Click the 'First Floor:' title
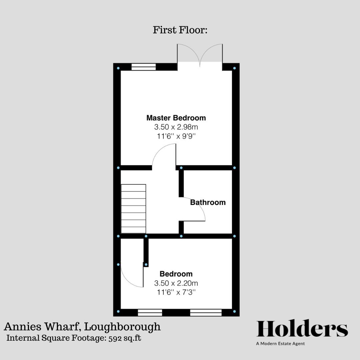(180, 30)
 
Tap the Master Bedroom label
(176, 118)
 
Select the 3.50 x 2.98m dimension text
(176, 127)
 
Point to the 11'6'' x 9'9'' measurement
(176, 136)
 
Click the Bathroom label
(208, 202)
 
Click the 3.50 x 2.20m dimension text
(176, 283)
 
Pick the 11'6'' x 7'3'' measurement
(176, 292)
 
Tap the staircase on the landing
(133, 209)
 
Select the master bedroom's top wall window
(144, 67)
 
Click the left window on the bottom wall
(150, 312)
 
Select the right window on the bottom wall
(206, 312)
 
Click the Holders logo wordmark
(302, 329)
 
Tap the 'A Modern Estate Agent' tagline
(280, 344)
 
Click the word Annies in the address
(19, 326)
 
